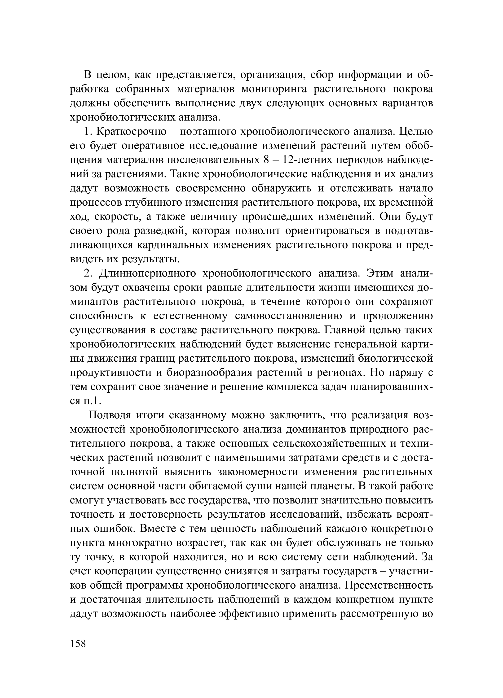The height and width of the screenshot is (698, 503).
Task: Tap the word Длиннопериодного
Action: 148,273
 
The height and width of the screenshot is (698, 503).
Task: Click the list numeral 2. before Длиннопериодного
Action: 87,273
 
